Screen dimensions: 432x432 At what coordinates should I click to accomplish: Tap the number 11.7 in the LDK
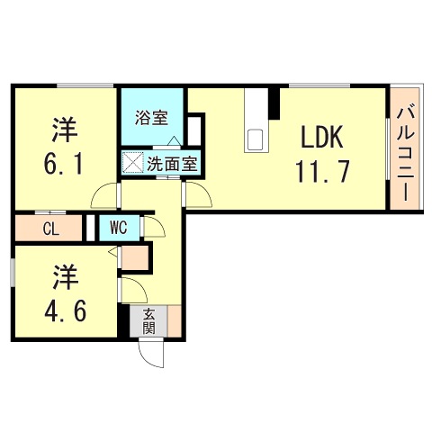pyautogui.click(x=316, y=170)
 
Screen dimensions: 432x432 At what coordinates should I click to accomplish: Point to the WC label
pyautogui.click(x=118, y=229)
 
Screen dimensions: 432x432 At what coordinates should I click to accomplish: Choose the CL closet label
pyautogui.click(x=50, y=229)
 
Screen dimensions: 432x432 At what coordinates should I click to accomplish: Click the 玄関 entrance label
pyautogui.click(x=148, y=321)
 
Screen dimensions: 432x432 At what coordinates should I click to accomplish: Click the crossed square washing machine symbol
pyautogui.click(x=133, y=165)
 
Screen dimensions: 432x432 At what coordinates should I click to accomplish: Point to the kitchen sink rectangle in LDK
pyautogui.click(x=256, y=139)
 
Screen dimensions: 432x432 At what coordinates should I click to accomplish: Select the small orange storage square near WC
pyautogui.click(x=135, y=257)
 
